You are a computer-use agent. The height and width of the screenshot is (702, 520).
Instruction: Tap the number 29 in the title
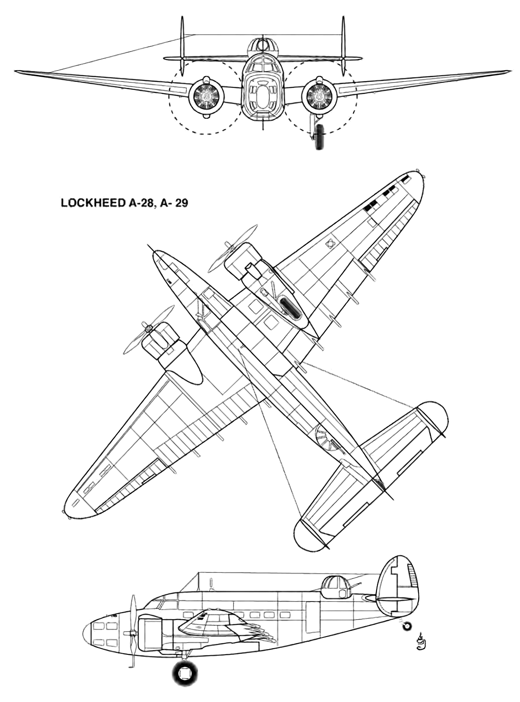coord(182,203)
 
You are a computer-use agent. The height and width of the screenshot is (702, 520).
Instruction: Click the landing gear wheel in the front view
coord(320,137)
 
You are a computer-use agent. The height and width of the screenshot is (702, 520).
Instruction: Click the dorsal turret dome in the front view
coord(263,46)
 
